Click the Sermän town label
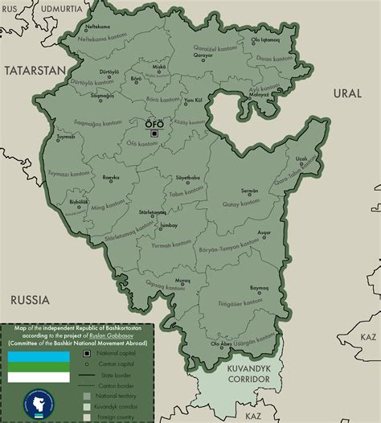[x=249, y=191]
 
